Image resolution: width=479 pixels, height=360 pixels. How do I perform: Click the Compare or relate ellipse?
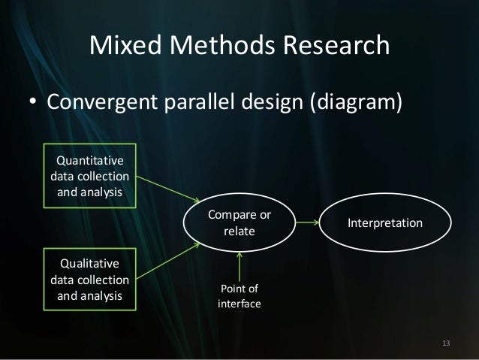coord(239,223)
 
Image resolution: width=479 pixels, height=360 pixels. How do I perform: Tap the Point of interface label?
coord(239,296)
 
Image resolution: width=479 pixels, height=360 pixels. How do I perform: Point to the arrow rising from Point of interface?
coord(239,266)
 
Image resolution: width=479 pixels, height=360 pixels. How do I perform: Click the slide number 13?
coord(447,343)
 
